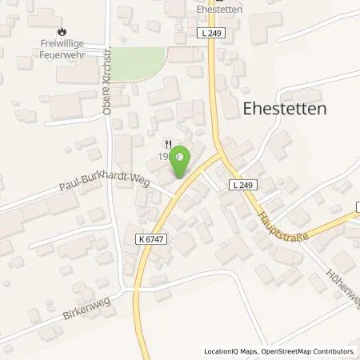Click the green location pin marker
181,160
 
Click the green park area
138,64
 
